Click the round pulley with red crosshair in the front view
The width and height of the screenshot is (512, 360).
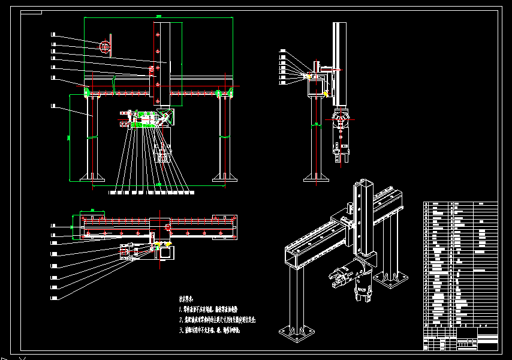click(x=106, y=46)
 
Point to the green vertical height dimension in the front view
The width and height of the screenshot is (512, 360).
click(x=70, y=137)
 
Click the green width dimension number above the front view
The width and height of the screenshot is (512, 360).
click(x=158, y=16)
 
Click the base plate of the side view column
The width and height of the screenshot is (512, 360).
click(x=315, y=177)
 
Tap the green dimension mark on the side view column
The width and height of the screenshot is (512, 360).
click(x=315, y=123)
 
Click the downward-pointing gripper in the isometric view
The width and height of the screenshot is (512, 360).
click(x=363, y=291)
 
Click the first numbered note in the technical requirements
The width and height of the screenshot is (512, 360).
click(x=216, y=310)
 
